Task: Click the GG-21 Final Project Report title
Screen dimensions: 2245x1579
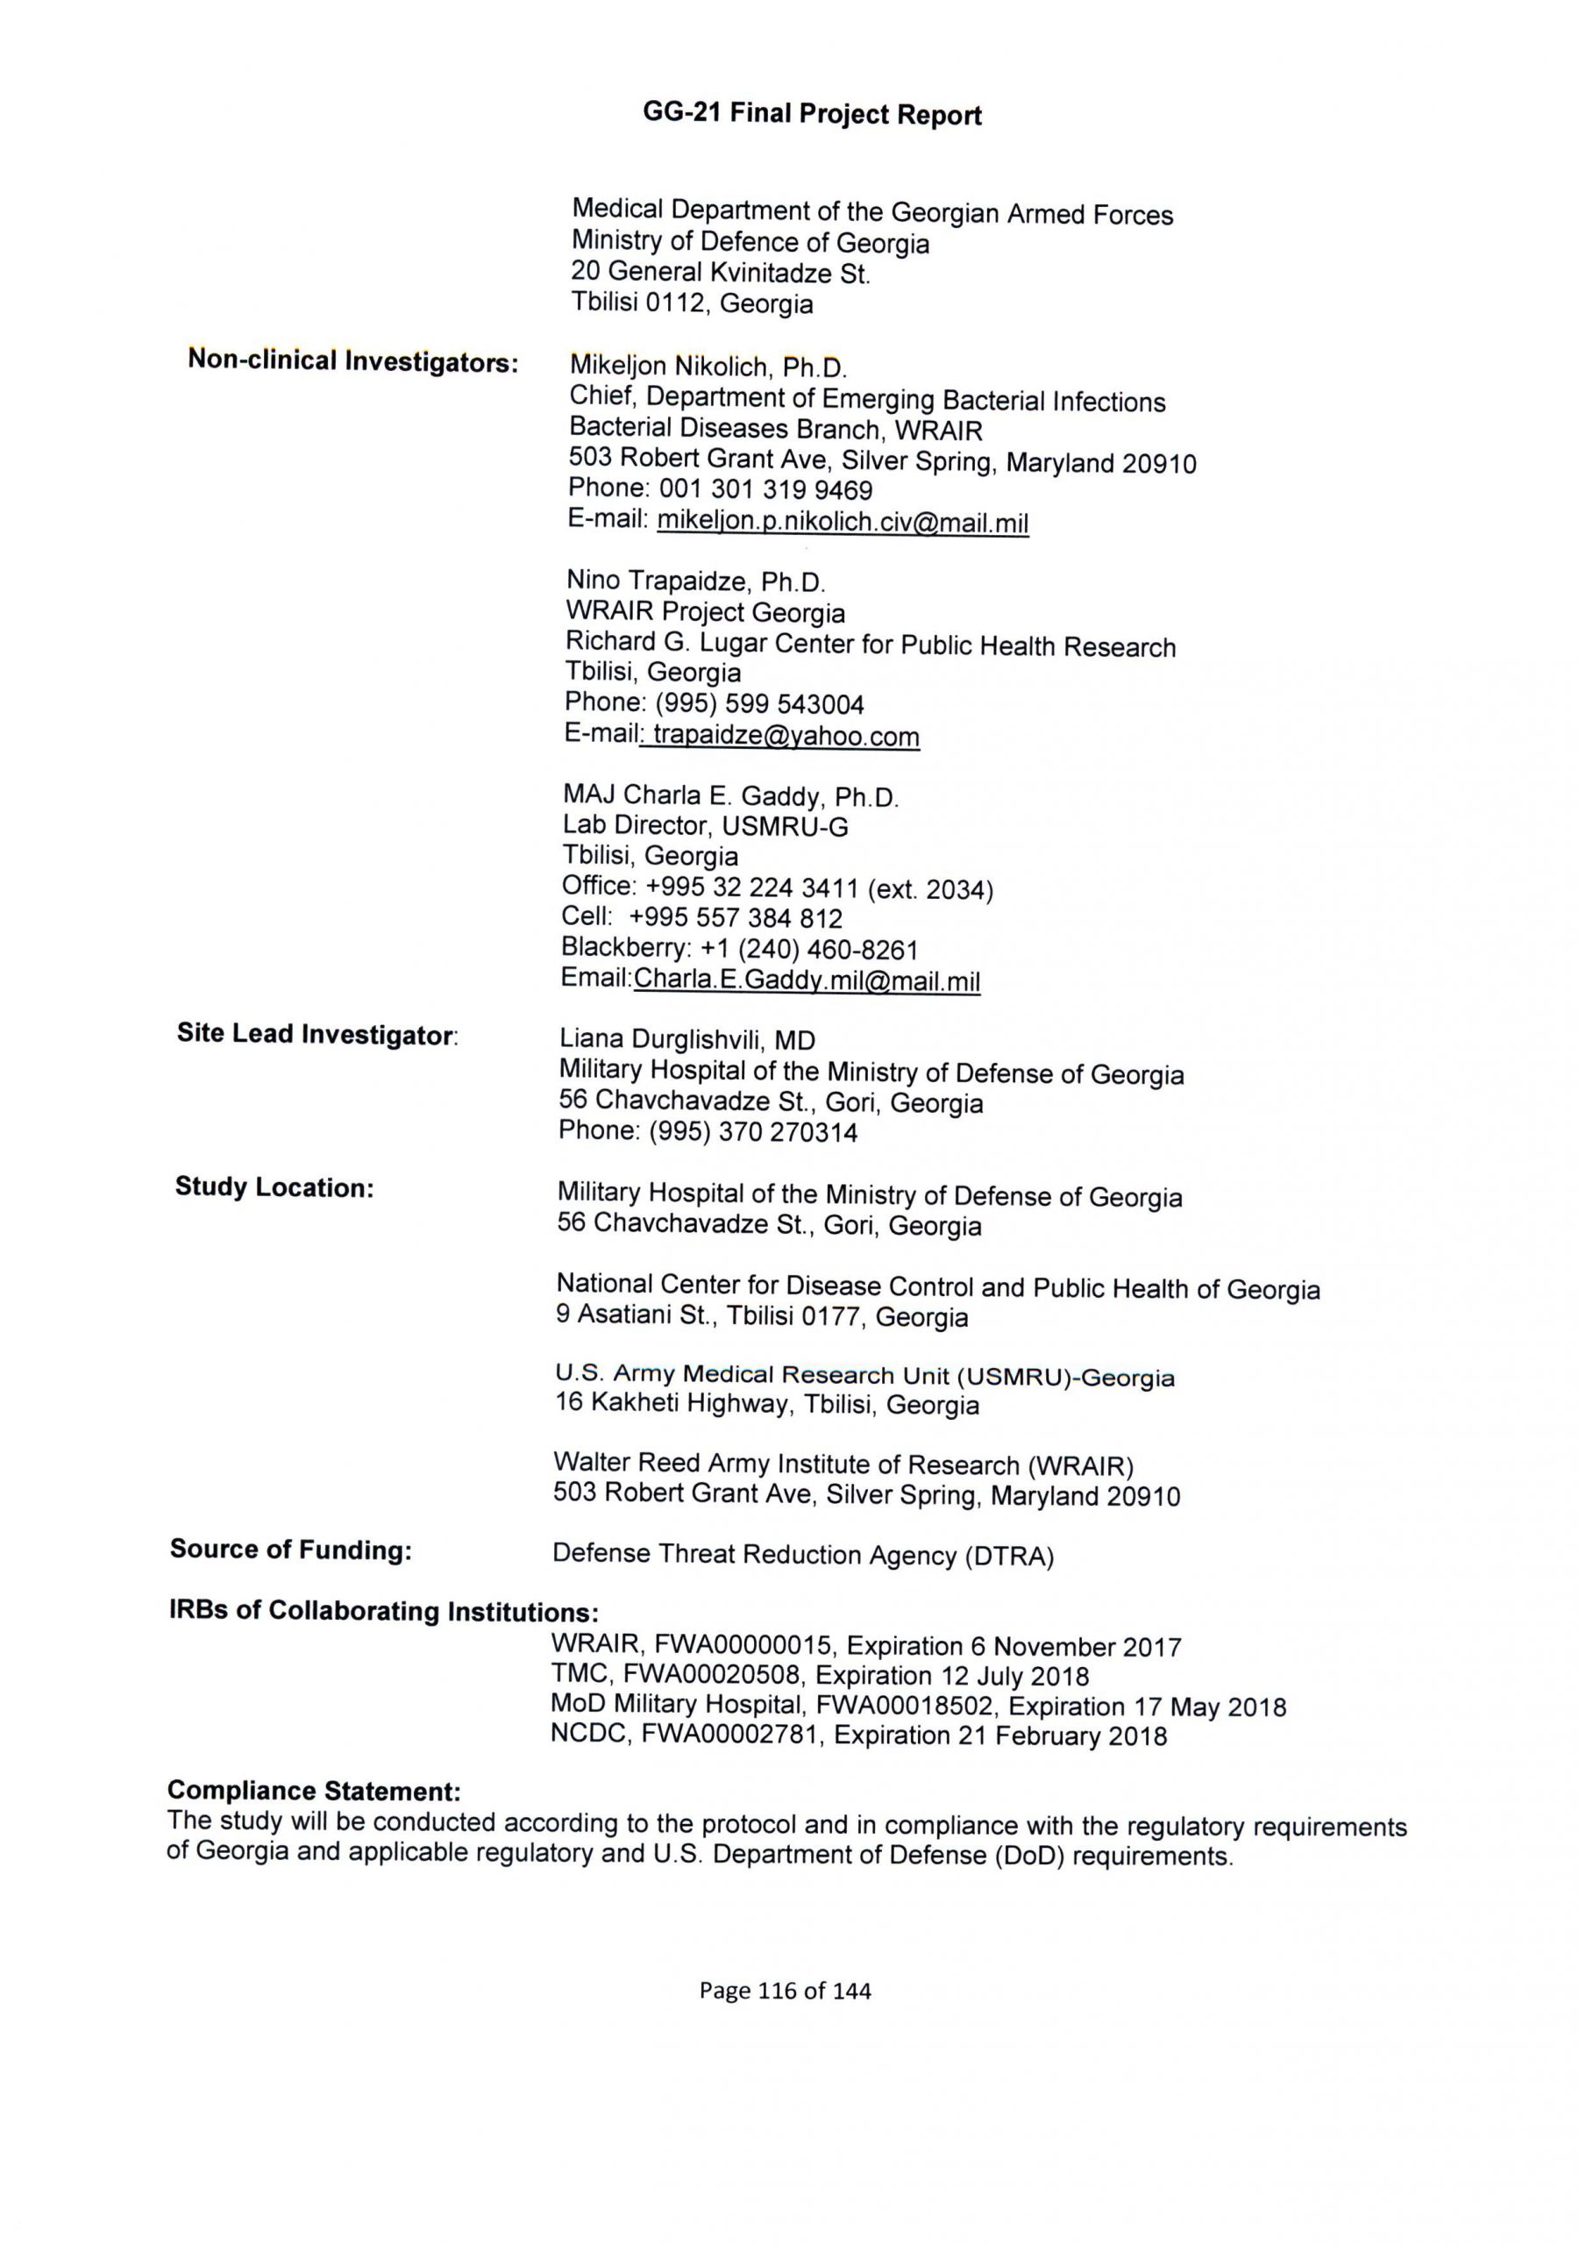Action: (812, 114)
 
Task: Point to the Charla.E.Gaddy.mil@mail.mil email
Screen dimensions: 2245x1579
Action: (807, 980)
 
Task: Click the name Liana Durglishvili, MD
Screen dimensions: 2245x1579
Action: (686, 1040)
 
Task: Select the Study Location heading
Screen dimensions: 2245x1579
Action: (274, 1187)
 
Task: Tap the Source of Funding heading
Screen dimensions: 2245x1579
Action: (290, 1549)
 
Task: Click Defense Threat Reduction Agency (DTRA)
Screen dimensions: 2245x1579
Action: (803, 1555)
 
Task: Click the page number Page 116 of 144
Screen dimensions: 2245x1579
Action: (784, 1990)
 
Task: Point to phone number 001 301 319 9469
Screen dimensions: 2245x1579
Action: (765, 490)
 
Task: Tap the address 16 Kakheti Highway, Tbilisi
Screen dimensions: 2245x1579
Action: (766, 1405)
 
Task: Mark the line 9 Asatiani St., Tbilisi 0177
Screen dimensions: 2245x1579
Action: (762, 1316)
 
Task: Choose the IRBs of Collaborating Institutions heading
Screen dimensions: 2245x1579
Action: (383, 1610)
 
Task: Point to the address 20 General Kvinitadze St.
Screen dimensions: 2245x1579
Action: (721, 273)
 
